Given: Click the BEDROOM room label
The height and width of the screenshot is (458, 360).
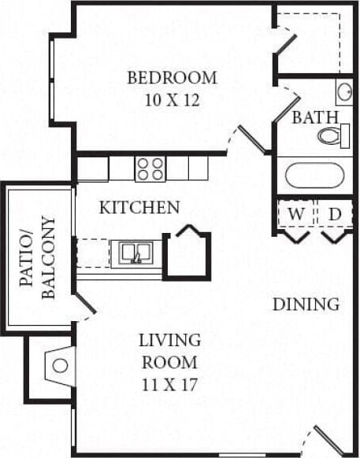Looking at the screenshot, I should [172, 78].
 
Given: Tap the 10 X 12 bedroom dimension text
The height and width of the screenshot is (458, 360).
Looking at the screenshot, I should [172, 100].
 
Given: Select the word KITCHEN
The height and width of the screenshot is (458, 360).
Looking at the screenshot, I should [139, 209].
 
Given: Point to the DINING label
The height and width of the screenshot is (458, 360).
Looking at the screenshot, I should [306, 304].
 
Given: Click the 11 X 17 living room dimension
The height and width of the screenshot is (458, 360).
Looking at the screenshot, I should [169, 386].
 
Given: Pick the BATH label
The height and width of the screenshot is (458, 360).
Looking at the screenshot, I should [314, 118].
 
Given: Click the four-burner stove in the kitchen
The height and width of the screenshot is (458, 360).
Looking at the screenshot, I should [150, 168].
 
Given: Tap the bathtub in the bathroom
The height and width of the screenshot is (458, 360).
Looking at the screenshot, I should [314, 175].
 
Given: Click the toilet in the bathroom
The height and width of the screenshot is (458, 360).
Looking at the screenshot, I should [333, 137].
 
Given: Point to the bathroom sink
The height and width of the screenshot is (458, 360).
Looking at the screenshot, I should [344, 92].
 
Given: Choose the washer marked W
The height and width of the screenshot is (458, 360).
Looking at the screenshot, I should [295, 214].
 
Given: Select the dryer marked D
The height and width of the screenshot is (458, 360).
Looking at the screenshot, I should [335, 214].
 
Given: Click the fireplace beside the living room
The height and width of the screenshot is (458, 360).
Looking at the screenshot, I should [58, 365].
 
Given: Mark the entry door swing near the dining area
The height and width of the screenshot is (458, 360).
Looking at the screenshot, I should [328, 439].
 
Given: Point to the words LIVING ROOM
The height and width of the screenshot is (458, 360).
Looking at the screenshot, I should [169, 352].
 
